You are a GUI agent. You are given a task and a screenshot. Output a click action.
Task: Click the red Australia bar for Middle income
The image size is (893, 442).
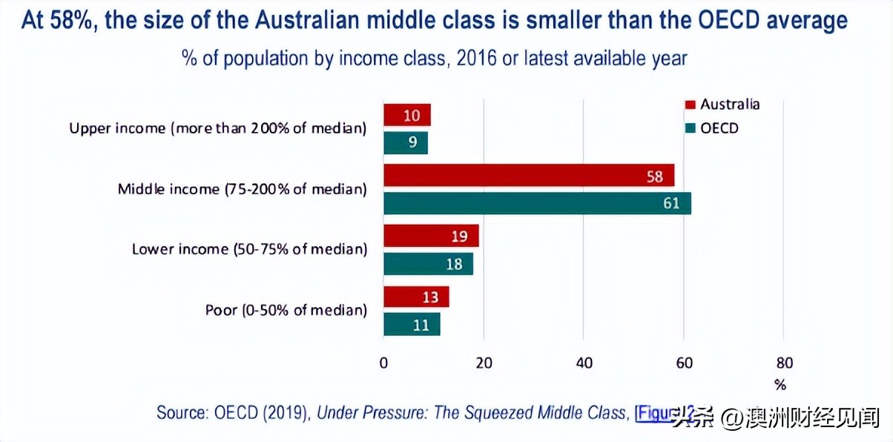528,176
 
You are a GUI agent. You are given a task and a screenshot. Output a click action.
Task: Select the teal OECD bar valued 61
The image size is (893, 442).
537,203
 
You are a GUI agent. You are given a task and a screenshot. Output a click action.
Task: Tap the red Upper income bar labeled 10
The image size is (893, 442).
406,115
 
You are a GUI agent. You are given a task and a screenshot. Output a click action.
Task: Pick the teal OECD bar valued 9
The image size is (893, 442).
405,142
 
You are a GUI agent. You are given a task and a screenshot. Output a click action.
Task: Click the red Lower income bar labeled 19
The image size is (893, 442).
430,236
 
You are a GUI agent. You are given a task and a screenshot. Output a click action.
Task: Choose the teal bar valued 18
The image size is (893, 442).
428,264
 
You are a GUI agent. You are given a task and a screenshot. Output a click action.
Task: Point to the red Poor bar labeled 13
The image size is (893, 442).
415,297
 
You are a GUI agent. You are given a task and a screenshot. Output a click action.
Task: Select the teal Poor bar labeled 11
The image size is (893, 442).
411,324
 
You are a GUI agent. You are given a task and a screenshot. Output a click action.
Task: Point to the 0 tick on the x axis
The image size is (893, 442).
383,363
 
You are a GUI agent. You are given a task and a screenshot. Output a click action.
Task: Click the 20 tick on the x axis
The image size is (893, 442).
484,363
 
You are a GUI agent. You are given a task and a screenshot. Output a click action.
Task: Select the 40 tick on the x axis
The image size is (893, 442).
584,363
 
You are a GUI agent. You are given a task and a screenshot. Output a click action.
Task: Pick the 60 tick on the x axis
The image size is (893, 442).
684,363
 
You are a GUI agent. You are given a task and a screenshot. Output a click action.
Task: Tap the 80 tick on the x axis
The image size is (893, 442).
784,363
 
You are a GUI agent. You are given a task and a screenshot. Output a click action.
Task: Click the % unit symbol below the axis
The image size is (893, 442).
780,385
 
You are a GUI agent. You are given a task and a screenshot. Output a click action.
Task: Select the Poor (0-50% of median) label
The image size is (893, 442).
286,310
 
